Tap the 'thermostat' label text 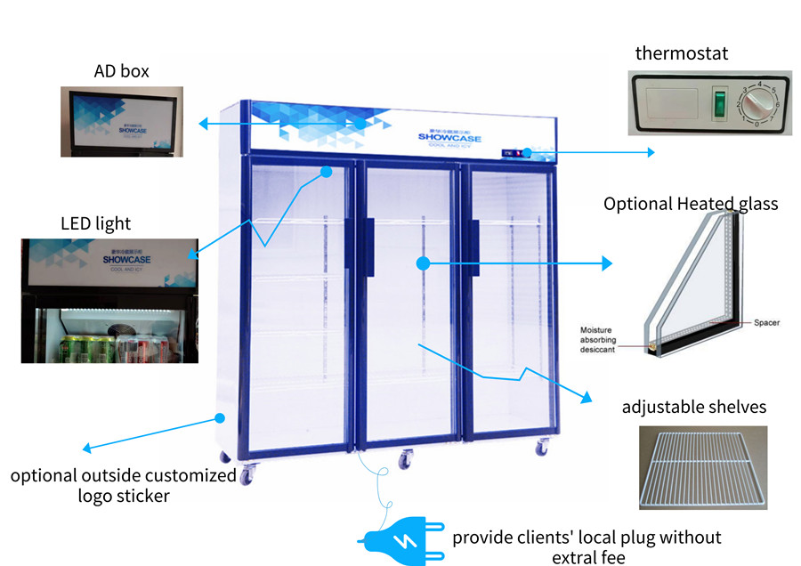click(681, 53)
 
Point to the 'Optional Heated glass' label click(691, 204)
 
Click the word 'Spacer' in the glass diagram click(766, 322)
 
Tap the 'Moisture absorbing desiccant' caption click(608, 340)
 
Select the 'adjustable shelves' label click(693, 407)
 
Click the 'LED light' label click(95, 222)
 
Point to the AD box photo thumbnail click(122, 122)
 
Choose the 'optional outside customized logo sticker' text click(124, 485)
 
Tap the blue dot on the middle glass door click(423, 263)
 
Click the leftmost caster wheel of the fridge click(247, 476)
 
